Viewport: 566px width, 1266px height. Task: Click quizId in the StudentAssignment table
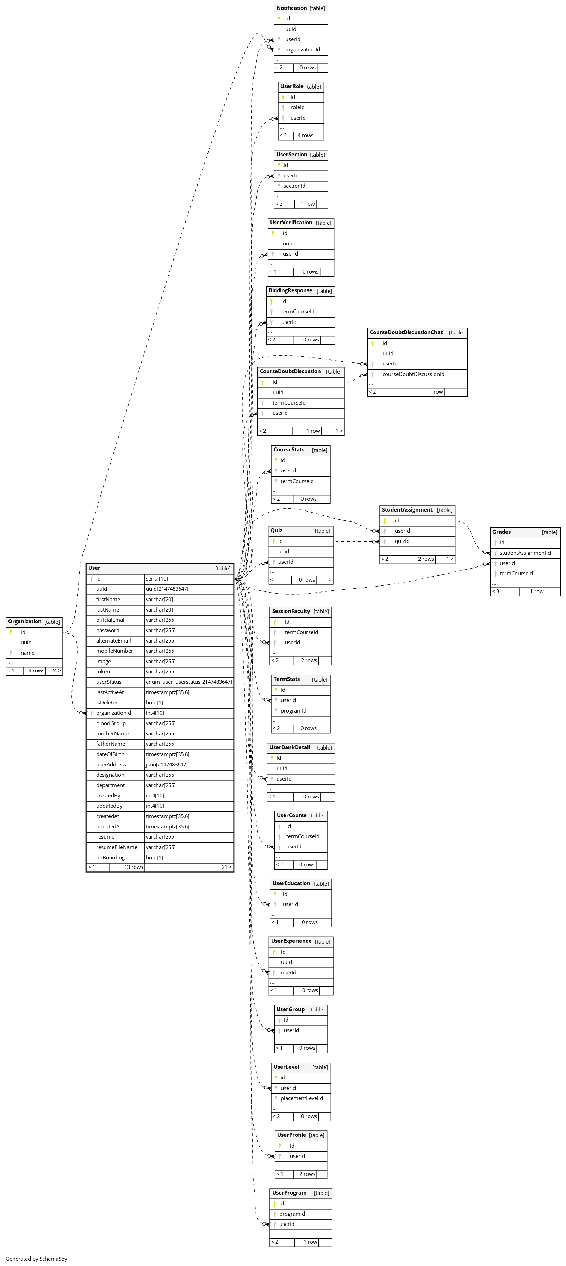(x=402, y=541)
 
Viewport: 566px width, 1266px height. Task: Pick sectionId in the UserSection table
(x=294, y=186)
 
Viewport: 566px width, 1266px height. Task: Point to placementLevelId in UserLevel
(x=301, y=1098)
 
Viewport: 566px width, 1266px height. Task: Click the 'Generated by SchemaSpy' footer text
(x=36, y=1259)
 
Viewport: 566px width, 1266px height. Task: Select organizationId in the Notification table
(x=303, y=50)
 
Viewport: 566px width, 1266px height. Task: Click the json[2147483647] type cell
(x=166, y=765)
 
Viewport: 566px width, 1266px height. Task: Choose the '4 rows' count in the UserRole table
(x=305, y=136)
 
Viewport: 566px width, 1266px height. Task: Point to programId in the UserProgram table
(x=292, y=1214)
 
